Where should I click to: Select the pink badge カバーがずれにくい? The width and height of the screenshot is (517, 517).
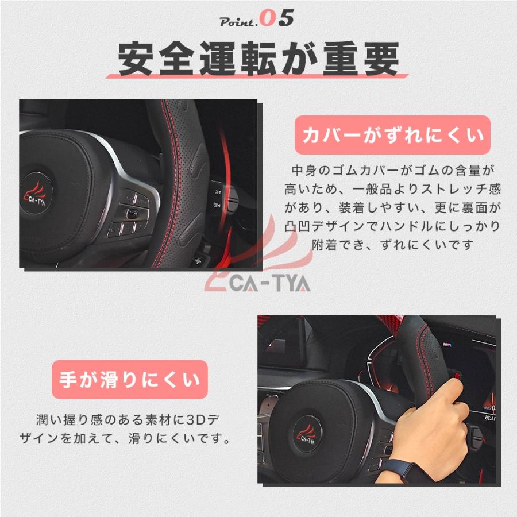pyautogui.click(x=393, y=136)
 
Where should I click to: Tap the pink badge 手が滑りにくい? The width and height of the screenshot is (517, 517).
pyautogui.click(x=129, y=380)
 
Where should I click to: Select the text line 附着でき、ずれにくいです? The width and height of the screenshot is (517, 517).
pyautogui.click(x=393, y=245)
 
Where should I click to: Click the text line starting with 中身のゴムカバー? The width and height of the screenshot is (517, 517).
pyautogui.click(x=393, y=170)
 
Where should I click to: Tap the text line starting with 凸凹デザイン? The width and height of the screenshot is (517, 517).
pyautogui.click(x=393, y=226)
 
